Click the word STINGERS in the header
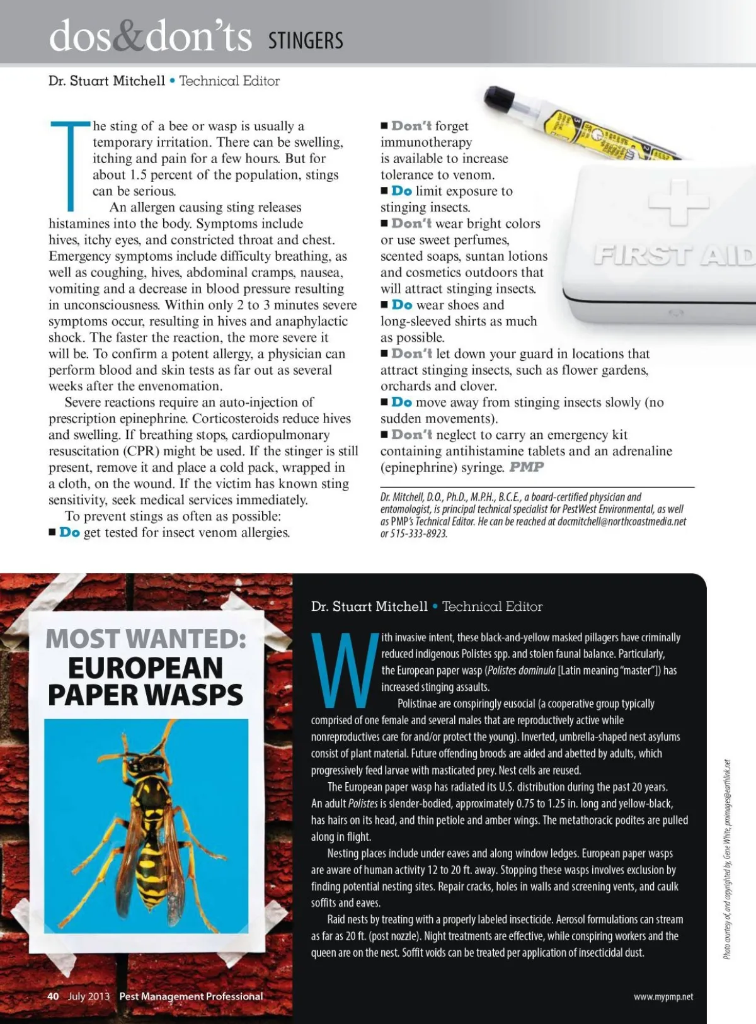(x=306, y=41)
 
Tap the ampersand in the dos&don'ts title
(x=129, y=37)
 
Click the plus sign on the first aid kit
(x=679, y=202)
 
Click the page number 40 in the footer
(x=53, y=996)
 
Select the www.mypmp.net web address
(x=663, y=997)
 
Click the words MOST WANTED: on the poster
(x=146, y=639)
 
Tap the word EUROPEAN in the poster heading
(x=146, y=668)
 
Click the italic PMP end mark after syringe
(x=527, y=467)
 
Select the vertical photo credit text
(x=727, y=859)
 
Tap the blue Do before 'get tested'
(x=69, y=533)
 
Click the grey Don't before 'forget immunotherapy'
(x=411, y=126)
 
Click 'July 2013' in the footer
(x=89, y=996)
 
